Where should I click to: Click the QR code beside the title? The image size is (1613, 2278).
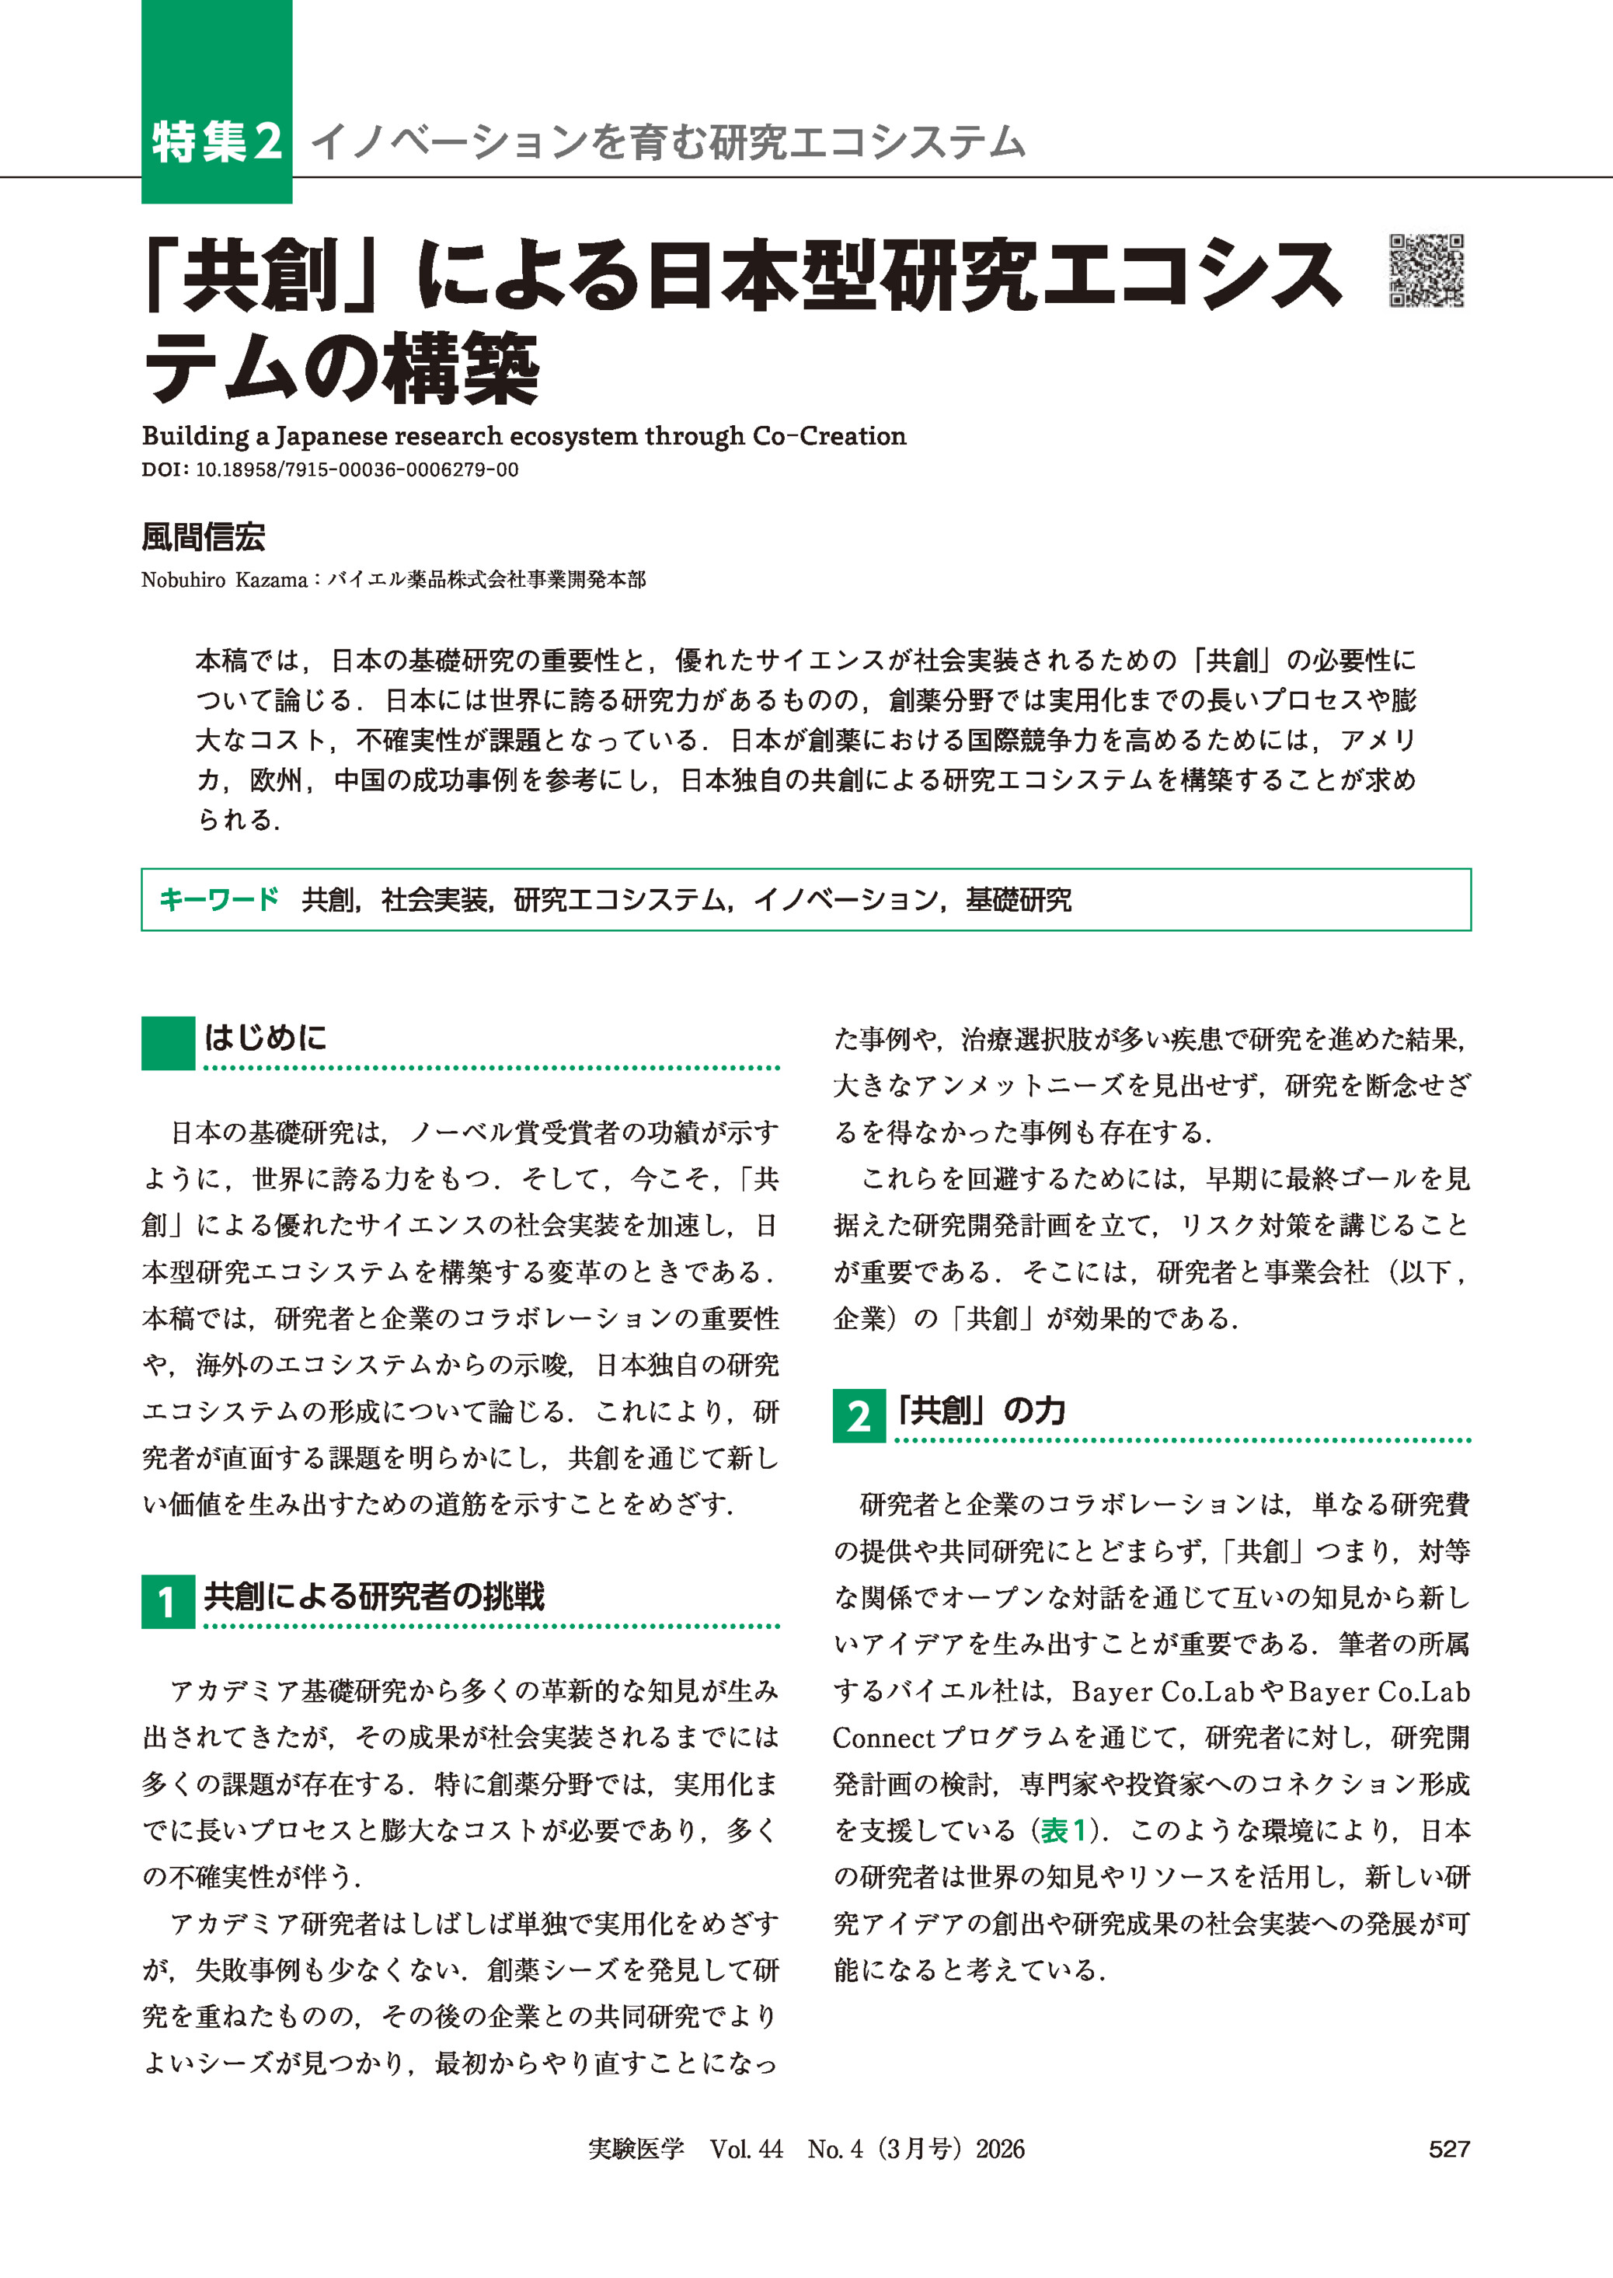(1427, 270)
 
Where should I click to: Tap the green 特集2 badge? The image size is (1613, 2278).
(217, 141)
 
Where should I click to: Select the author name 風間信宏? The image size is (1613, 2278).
(204, 538)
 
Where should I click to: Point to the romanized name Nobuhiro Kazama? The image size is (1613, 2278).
(224, 580)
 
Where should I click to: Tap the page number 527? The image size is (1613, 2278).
(1448, 2149)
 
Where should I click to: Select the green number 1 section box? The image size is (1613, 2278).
(167, 1602)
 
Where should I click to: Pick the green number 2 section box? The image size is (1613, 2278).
(858, 1415)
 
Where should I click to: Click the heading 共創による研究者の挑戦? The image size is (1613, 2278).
(375, 1596)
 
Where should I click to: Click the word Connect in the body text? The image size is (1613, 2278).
(883, 1739)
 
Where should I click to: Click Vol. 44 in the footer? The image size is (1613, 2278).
(746, 2149)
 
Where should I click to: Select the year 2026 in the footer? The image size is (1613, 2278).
(999, 2149)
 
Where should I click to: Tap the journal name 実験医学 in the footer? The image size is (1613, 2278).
(636, 2149)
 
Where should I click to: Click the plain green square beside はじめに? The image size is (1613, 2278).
(168, 1042)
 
